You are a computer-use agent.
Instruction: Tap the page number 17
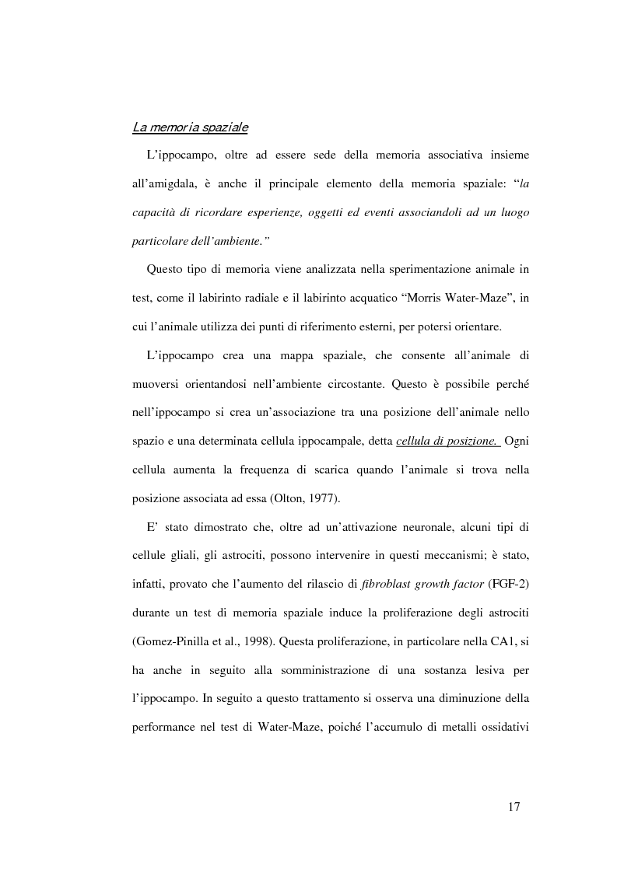[x=514, y=807]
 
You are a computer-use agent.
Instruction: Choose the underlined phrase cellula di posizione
[x=447, y=442]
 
